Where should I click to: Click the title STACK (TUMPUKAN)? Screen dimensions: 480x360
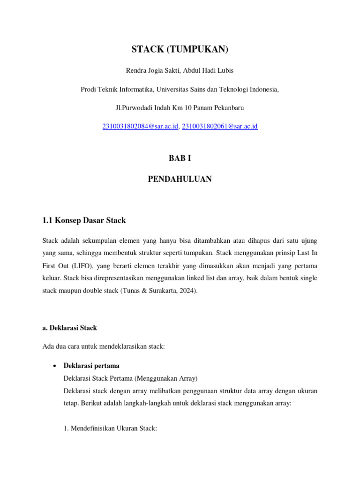(180, 49)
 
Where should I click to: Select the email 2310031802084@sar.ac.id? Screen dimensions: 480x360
(140, 126)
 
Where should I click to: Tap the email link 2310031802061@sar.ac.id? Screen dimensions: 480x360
(220, 126)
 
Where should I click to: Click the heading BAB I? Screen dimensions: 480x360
(180, 158)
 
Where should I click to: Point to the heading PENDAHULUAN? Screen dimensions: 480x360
(180, 179)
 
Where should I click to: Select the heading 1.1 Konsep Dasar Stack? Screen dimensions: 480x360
(84, 220)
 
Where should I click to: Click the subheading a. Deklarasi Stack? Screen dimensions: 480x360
(69, 328)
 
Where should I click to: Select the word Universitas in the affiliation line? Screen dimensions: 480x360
(173, 89)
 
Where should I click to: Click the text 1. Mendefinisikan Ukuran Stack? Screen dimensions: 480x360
(110, 427)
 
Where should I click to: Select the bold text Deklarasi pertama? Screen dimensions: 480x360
(91, 366)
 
